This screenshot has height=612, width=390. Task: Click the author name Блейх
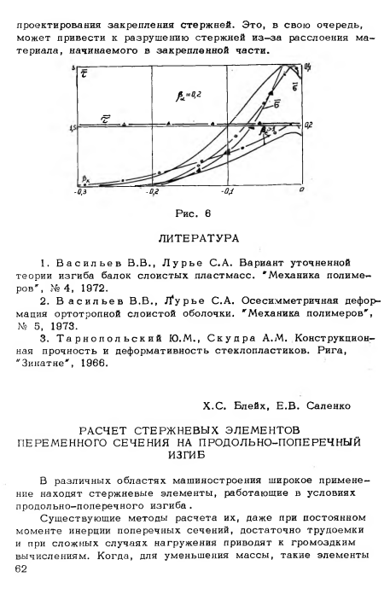[x=256, y=404]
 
